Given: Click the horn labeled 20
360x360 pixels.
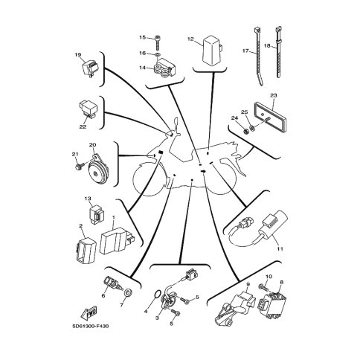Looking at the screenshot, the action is tap(97, 171).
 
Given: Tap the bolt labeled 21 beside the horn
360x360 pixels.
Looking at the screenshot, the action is tap(78, 166).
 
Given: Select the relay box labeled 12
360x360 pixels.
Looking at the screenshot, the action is tap(212, 49).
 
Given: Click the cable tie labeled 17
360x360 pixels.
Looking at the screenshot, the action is tap(259, 56).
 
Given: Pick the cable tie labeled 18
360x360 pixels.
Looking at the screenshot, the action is tap(279, 51).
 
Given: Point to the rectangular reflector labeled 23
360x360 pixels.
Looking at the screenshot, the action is tap(271, 114).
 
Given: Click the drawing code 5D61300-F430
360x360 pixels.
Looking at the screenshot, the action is tap(91, 326).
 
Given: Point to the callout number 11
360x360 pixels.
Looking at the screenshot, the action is tap(280, 248).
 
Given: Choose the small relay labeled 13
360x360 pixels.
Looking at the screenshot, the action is tap(97, 215).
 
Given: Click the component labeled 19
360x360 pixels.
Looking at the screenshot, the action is tap(90, 68).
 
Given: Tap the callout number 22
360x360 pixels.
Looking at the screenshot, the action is tap(83, 126).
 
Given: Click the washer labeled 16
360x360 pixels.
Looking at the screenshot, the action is tap(158, 54).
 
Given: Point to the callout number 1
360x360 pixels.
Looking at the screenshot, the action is tap(114, 217).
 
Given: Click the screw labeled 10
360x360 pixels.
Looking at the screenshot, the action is tap(263, 288).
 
